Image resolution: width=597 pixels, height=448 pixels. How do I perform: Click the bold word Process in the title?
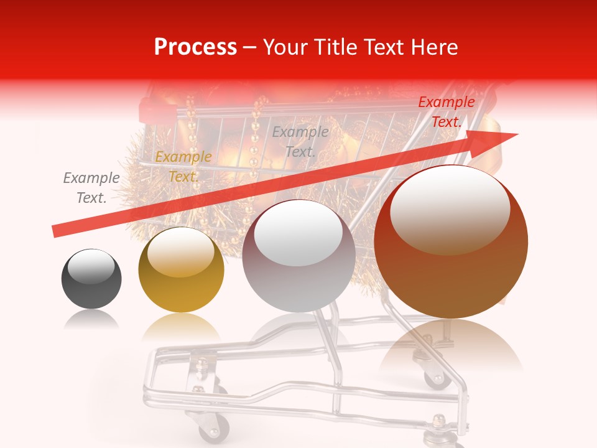(x=195, y=47)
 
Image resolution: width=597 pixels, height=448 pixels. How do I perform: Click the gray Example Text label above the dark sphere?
(x=91, y=188)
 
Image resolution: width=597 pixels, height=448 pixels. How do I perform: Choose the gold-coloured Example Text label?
(x=183, y=166)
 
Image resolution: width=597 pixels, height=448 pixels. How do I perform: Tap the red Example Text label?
(x=446, y=112)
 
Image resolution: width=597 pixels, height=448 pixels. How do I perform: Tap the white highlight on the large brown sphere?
(x=450, y=209)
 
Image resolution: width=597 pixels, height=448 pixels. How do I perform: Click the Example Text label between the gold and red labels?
(x=300, y=141)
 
